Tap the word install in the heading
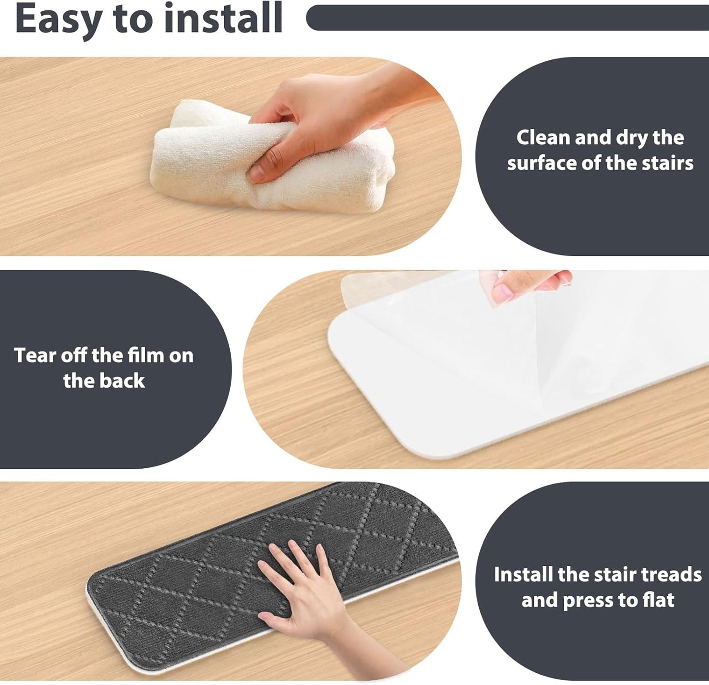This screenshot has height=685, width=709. coord(223,18)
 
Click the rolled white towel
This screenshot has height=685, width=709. coord(271,159)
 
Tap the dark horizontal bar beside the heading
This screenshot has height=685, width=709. coord(507,18)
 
